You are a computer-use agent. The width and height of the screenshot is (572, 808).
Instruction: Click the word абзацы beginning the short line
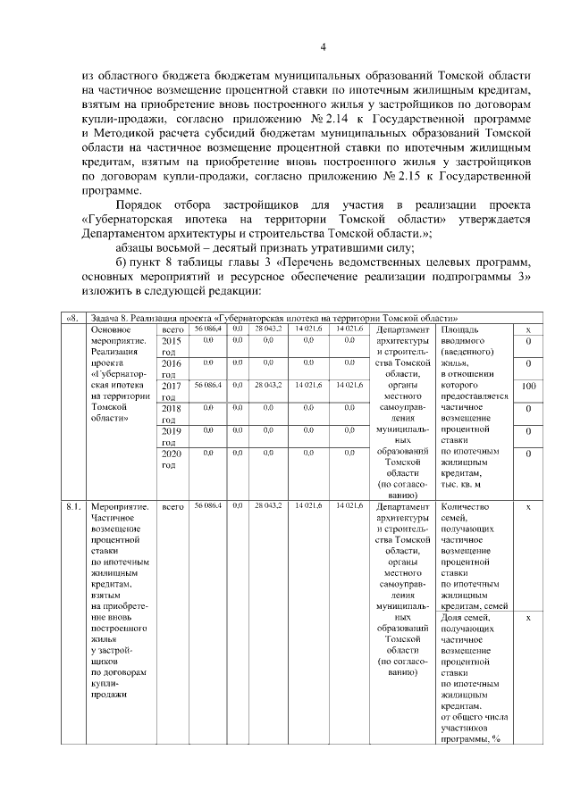coord(139,248)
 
